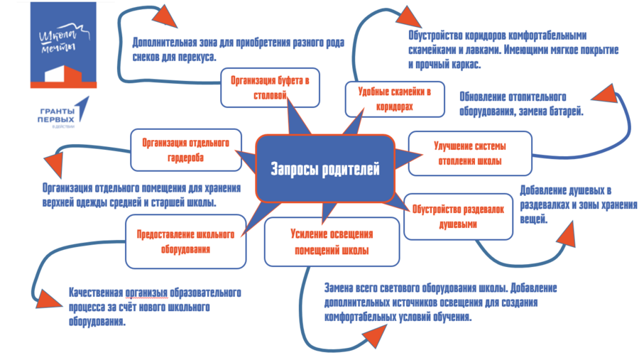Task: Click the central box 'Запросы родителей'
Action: click(324, 168)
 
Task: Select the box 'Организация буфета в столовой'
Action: click(270, 87)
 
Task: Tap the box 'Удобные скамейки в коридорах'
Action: click(395, 99)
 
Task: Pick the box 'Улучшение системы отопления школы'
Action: click(470, 153)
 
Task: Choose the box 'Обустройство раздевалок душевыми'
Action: click(458, 217)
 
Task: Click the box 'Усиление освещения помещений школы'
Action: click(332, 241)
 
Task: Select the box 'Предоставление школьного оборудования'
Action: click(185, 241)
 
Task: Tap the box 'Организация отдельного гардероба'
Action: click(186, 150)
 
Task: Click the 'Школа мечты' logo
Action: click(64, 45)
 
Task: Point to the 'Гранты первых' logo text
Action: click(57, 115)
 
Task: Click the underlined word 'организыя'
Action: click(146, 293)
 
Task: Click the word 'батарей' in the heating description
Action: click(567, 111)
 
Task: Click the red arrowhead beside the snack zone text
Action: click(164, 17)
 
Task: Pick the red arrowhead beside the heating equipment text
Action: click(603, 93)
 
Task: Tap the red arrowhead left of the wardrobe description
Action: click(54, 165)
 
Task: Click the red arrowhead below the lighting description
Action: click(374, 337)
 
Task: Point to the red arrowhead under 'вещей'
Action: click(566, 234)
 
